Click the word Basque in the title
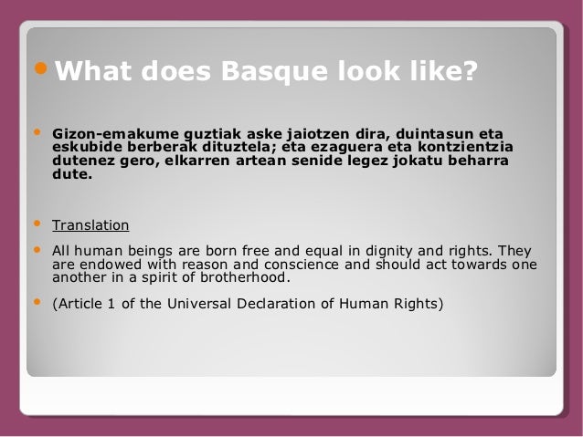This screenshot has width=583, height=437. [x=268, y=70]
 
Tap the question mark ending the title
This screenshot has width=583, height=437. [x=468, y=70]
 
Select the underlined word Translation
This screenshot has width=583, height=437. [x=90, y=225]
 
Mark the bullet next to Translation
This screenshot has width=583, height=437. [x=37, y=223]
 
